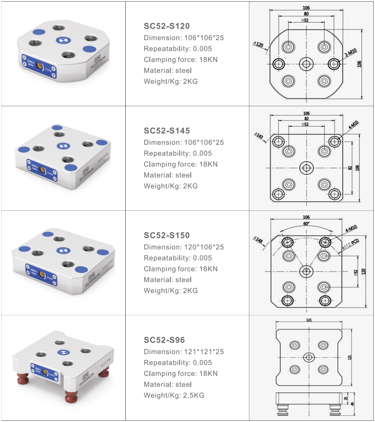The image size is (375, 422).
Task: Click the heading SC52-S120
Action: click(x=167, y=26)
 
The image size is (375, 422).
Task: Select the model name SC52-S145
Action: click(x=167, y=131)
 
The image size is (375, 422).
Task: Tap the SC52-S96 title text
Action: click(x=164, y=340)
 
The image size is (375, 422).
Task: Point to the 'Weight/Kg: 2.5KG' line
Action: click(x=174, y=395)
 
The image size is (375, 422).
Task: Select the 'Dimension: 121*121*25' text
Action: click(x=184, y=352)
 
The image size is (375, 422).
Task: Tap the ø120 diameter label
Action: click(x=259, y=44)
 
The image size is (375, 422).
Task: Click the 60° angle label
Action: click(x=306, y=223)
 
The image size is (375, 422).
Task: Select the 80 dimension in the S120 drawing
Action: click(x=306, y=14)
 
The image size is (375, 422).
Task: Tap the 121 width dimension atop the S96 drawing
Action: click(x=309, y=320)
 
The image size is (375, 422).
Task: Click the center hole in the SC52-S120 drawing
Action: click(x=306, y=64)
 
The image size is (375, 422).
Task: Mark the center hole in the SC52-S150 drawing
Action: click(x=306, y=271)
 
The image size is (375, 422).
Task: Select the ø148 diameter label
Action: click(x=259, y=239)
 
